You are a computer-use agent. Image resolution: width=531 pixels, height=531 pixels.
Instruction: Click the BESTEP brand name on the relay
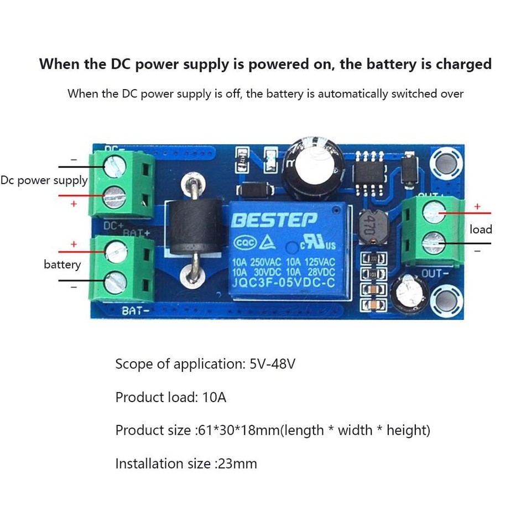[273, 220]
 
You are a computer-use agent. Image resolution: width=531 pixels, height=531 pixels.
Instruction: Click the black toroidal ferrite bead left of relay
[191, 227]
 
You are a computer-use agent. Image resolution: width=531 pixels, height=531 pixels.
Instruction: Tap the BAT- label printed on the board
[136, 311]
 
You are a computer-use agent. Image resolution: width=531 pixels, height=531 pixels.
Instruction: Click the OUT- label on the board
[435, 273]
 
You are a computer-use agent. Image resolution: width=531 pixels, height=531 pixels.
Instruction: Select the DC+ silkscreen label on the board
[113, 226]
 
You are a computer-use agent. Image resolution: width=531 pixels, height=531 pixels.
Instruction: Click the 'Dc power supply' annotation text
[44, 180]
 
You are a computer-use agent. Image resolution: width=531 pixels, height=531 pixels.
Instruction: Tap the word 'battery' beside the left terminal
[62, 264]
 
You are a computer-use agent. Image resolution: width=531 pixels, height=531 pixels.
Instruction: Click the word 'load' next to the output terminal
[481, 229]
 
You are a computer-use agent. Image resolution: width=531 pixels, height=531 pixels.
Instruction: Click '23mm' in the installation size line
[238, 464]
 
